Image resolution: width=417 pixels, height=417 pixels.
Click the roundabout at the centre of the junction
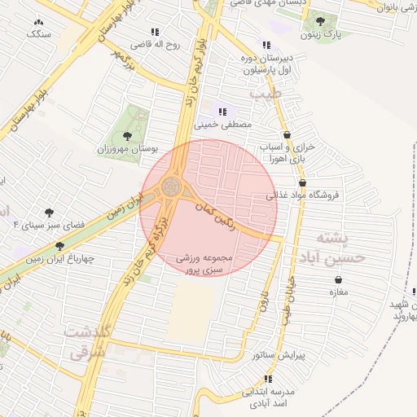(x=172, y=187)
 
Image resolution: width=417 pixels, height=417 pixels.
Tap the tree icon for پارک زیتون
(x=320, y=22)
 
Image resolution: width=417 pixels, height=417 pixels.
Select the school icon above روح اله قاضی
(x=155, y=32)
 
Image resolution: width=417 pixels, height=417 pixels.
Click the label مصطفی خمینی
(x=223, y=125)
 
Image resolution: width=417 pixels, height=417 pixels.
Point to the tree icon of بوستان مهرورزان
(x=126, y=135)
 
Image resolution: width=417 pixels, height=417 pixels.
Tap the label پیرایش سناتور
(x=279, y=355)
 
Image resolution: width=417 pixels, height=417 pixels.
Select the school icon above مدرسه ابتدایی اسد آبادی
(x=268, y=378)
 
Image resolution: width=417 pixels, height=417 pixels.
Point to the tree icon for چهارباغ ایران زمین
(x=59, y=246)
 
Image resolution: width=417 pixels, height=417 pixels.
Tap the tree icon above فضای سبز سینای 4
(x=51, y=210)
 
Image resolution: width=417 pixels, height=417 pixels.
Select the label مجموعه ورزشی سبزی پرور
(x=205, y=263)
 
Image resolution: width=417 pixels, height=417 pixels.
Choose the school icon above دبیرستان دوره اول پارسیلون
(x=266, y=45)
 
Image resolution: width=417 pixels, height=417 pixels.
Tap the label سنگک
(x=38, y=34)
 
